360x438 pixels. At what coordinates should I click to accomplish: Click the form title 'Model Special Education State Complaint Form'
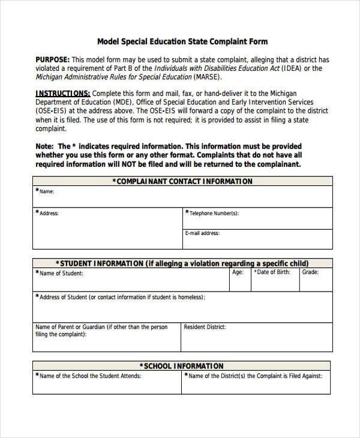[182, 41]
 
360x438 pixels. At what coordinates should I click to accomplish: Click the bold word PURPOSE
[53, 60]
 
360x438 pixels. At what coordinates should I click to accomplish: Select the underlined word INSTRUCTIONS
[63, 94]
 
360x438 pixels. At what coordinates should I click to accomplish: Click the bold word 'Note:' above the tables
[45, 146]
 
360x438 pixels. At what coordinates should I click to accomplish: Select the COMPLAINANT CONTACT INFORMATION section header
[182, 181]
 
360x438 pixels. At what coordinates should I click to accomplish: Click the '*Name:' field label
[46, 192]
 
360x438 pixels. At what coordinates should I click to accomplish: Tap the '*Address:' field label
[47, 213]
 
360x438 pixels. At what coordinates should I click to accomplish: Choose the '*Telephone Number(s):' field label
[212, 213]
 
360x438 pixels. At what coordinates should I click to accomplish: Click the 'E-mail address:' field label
[202, 233]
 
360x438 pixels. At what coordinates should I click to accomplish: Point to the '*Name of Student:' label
[59, 273]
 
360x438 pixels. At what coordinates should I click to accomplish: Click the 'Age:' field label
[238, 272]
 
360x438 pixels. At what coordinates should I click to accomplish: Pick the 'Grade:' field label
[310, 272]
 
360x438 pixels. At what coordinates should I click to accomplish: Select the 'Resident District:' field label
[205, 327]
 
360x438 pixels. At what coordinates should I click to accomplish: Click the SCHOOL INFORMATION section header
[182, 366]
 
